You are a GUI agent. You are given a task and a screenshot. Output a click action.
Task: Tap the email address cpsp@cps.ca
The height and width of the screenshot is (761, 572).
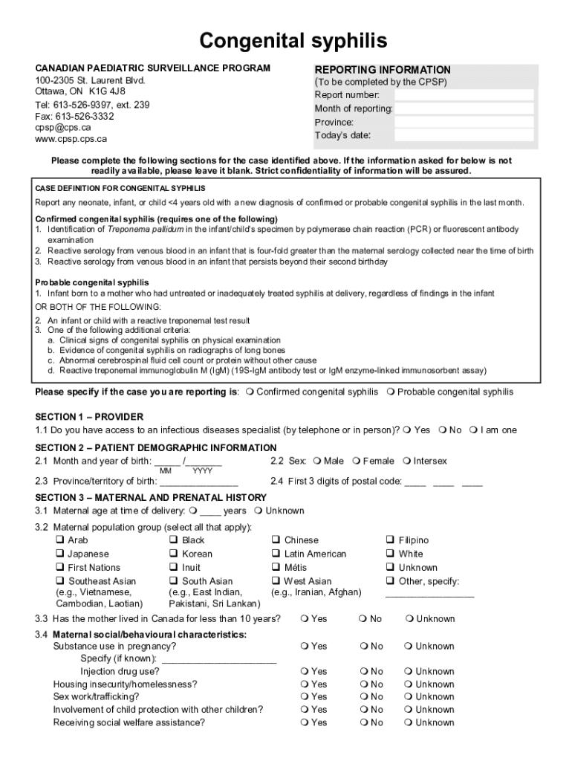click(x=63, y=127)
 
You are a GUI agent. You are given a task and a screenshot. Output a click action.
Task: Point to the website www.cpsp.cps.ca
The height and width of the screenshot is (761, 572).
click(x=71, y=138)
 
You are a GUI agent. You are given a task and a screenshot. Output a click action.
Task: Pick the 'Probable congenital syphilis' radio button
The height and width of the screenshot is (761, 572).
click(x=391, y=392)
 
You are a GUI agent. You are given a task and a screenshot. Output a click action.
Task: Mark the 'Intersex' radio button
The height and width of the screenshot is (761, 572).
click(x=407, y=462)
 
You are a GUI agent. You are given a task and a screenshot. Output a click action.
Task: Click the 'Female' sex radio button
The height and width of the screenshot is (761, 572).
click(x=357, y=462)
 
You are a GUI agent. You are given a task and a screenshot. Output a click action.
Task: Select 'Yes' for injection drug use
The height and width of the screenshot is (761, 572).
click(x=305, y=672)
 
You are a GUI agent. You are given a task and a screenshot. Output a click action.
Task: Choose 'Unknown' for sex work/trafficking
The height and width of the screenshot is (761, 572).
click(x=409, y=697)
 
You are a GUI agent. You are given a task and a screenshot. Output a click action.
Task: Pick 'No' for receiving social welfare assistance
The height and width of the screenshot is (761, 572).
click(x=363, y=722)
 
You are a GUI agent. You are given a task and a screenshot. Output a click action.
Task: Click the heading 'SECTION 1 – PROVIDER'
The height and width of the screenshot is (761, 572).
click(x=89, y=417)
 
